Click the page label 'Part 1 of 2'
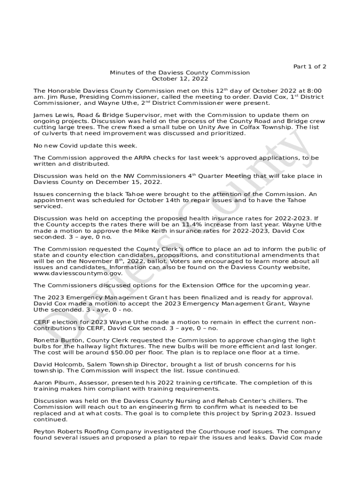[x=310, y=66]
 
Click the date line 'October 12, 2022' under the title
[x=180, y=79]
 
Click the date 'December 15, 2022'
[x=134, y=182]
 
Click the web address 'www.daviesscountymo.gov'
[x=78, y=273]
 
